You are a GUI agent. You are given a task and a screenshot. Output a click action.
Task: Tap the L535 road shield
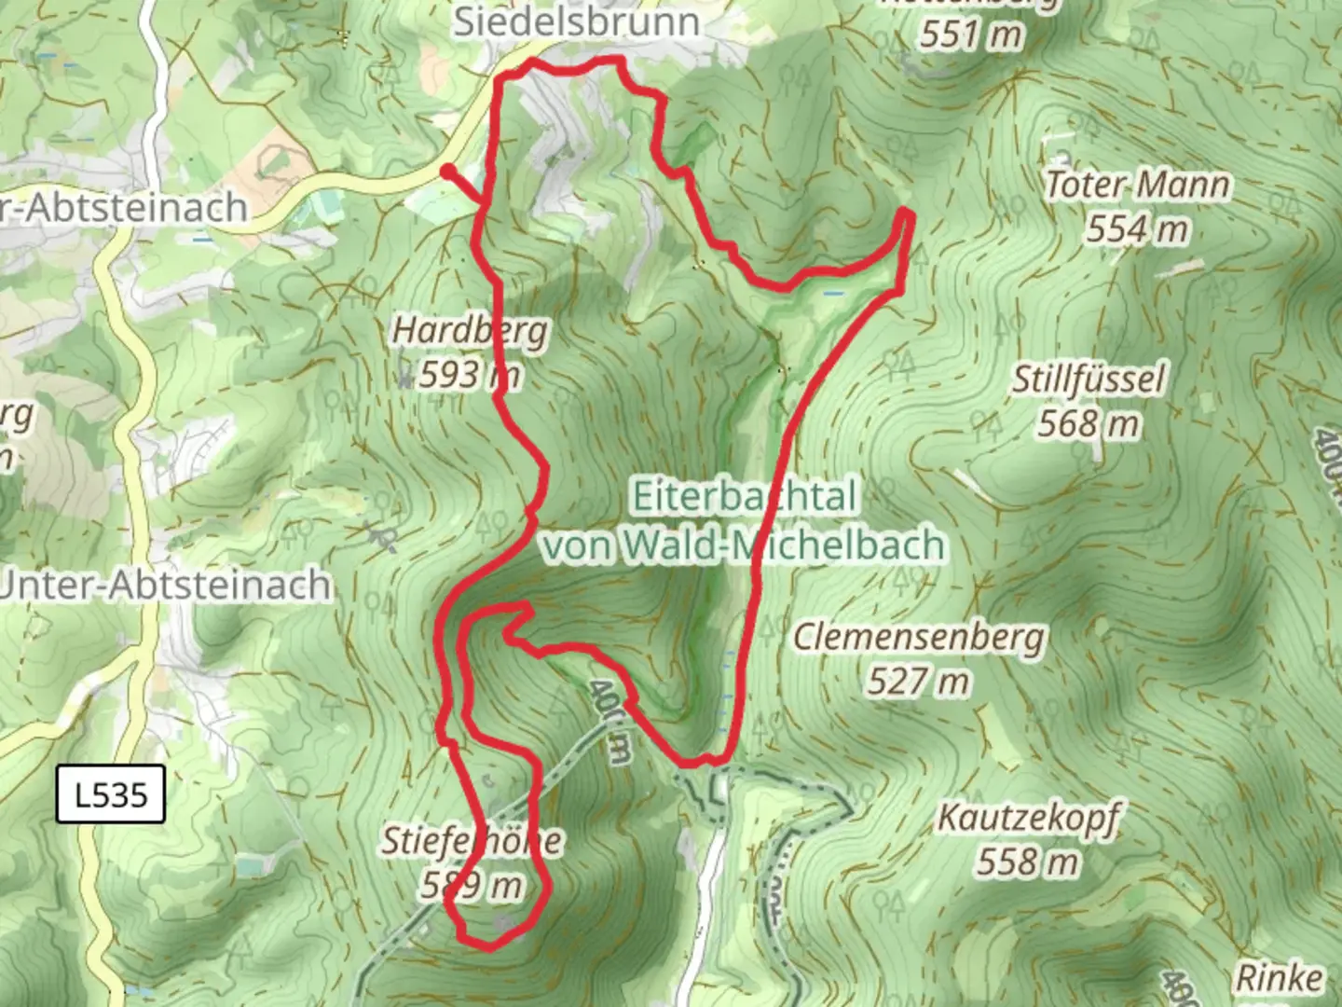(x=111, y=794)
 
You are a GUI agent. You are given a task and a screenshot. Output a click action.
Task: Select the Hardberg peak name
(x=470, y=330)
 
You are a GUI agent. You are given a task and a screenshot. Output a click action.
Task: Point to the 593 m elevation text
(x=469, y=375)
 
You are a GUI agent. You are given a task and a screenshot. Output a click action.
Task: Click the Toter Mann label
(x=1137, y=185)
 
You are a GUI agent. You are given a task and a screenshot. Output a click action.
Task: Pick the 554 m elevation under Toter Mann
(x=1137, y=228)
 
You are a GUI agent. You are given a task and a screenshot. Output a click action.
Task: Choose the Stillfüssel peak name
(x=1089, y=379)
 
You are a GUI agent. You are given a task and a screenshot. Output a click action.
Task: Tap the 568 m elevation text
(x=1089, y=424)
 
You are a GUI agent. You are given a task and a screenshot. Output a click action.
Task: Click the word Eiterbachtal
(x=744, y=496)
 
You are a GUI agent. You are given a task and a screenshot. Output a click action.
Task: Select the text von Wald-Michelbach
(x=744, y=545)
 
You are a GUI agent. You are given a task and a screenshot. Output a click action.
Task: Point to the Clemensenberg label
(x=919, y=638)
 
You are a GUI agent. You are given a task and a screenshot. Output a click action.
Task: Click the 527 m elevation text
(x=919, y=682)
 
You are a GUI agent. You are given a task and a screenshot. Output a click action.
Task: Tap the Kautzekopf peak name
(x=1028, y=818)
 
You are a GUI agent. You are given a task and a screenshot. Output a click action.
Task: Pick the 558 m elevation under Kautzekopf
(x=1028, y=862)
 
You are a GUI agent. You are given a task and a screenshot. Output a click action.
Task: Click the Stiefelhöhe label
(x=472, y=841)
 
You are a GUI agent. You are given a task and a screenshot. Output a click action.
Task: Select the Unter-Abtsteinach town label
(x=166, y=586)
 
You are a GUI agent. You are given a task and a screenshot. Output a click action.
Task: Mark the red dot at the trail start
(x=448, y=172)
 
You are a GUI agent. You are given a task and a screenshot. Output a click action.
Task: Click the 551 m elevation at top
(x=971, y=35)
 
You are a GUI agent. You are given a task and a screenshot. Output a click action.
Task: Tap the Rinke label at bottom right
(x=1279, y=978)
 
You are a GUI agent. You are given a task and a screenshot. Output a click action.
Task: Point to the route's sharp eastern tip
(x=907, y=215)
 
